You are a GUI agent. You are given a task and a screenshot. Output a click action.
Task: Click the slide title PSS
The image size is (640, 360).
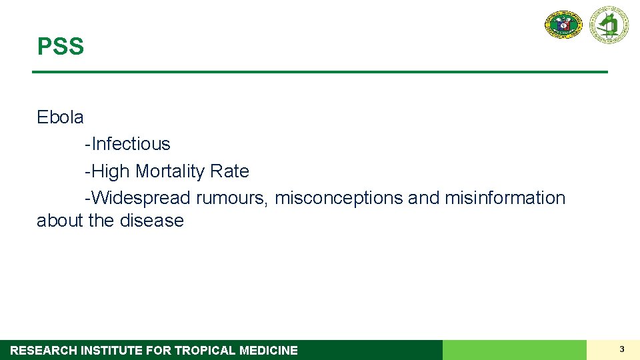(x=61, y=47)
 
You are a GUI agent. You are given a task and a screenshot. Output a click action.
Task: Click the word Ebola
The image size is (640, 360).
(x=60, y=117)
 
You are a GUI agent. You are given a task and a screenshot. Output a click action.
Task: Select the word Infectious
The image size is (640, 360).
(x=131, y=144)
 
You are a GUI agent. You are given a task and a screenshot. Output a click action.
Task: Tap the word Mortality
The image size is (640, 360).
(x=170, y=171)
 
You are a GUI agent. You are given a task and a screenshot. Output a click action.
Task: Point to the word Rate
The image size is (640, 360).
(x=229, y=171)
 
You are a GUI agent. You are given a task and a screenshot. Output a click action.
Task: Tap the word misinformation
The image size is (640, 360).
(x=505, y=198)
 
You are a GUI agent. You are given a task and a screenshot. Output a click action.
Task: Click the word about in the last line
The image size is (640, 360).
(x=60, y=221)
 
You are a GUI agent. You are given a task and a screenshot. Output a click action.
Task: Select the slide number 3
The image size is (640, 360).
(x=621, y=349)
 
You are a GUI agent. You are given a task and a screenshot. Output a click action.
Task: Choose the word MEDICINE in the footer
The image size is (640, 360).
(x=269, y=350)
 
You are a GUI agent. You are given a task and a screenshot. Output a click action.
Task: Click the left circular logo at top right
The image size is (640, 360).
(x=563, y=25)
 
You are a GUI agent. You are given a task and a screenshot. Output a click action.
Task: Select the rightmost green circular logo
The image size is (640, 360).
(x=608, y=25)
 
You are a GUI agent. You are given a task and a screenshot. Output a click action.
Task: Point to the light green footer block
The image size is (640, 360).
(x=514, y=350)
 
